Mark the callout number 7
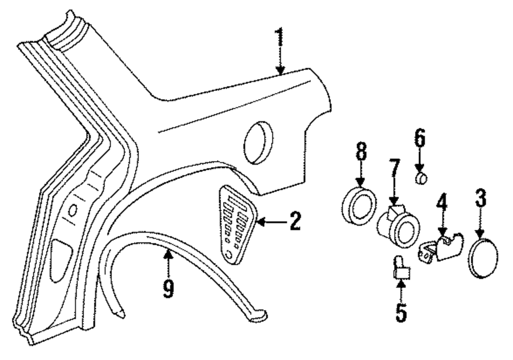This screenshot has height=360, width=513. pyautogui.click(x=393, y=169)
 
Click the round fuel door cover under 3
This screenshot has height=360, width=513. pyautogui.click(x=483, y=259)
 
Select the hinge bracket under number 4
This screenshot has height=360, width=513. pyautogui.click(x=442, y=248)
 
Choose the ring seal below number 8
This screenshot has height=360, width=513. pyautogui.click(x=359, y=206)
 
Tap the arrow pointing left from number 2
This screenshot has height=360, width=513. pyautogui.click(x=267, y=222)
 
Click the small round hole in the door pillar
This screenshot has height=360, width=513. pyautogui.click(x=73, y=209)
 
